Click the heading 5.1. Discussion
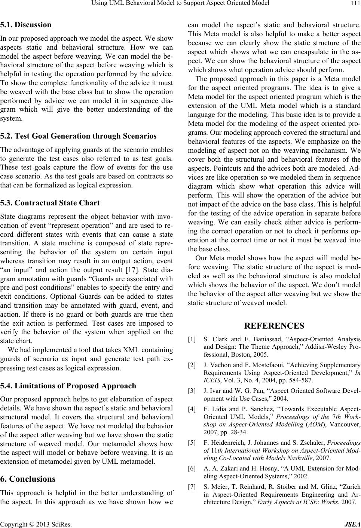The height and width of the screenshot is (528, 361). tap(26, 25)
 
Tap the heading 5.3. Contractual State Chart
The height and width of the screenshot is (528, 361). tap(50, 203)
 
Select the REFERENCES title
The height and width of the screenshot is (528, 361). tap(274, 326)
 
